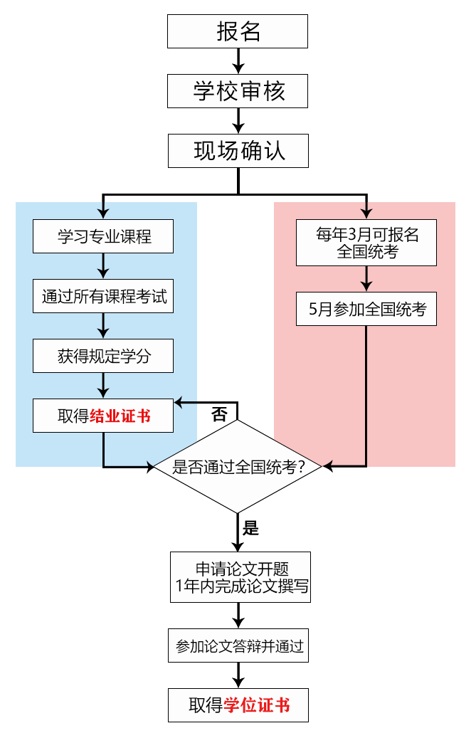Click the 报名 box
click(x=238, y=32)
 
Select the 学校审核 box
click(x=238, y=92)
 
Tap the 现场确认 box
click(x=238, y=152)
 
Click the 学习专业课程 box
click(x=103, y=236)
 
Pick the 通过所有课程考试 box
click(x=103, y=296)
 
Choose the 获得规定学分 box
click(x=103, y=356)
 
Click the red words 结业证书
click(x=120, y=416)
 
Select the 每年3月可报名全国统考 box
click(x=366, y=243)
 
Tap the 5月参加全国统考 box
click(x=366, y=310)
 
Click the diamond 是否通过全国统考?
click(x=238, y=466)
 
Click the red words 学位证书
click(x=257, y=705)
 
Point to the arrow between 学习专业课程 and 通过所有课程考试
click(x=103, y=266)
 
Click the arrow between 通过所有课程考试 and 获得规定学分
click(x=103, y=326)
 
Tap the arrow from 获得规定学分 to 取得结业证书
click(x=103, y=386)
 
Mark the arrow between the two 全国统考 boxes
click(x=366, y=279)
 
